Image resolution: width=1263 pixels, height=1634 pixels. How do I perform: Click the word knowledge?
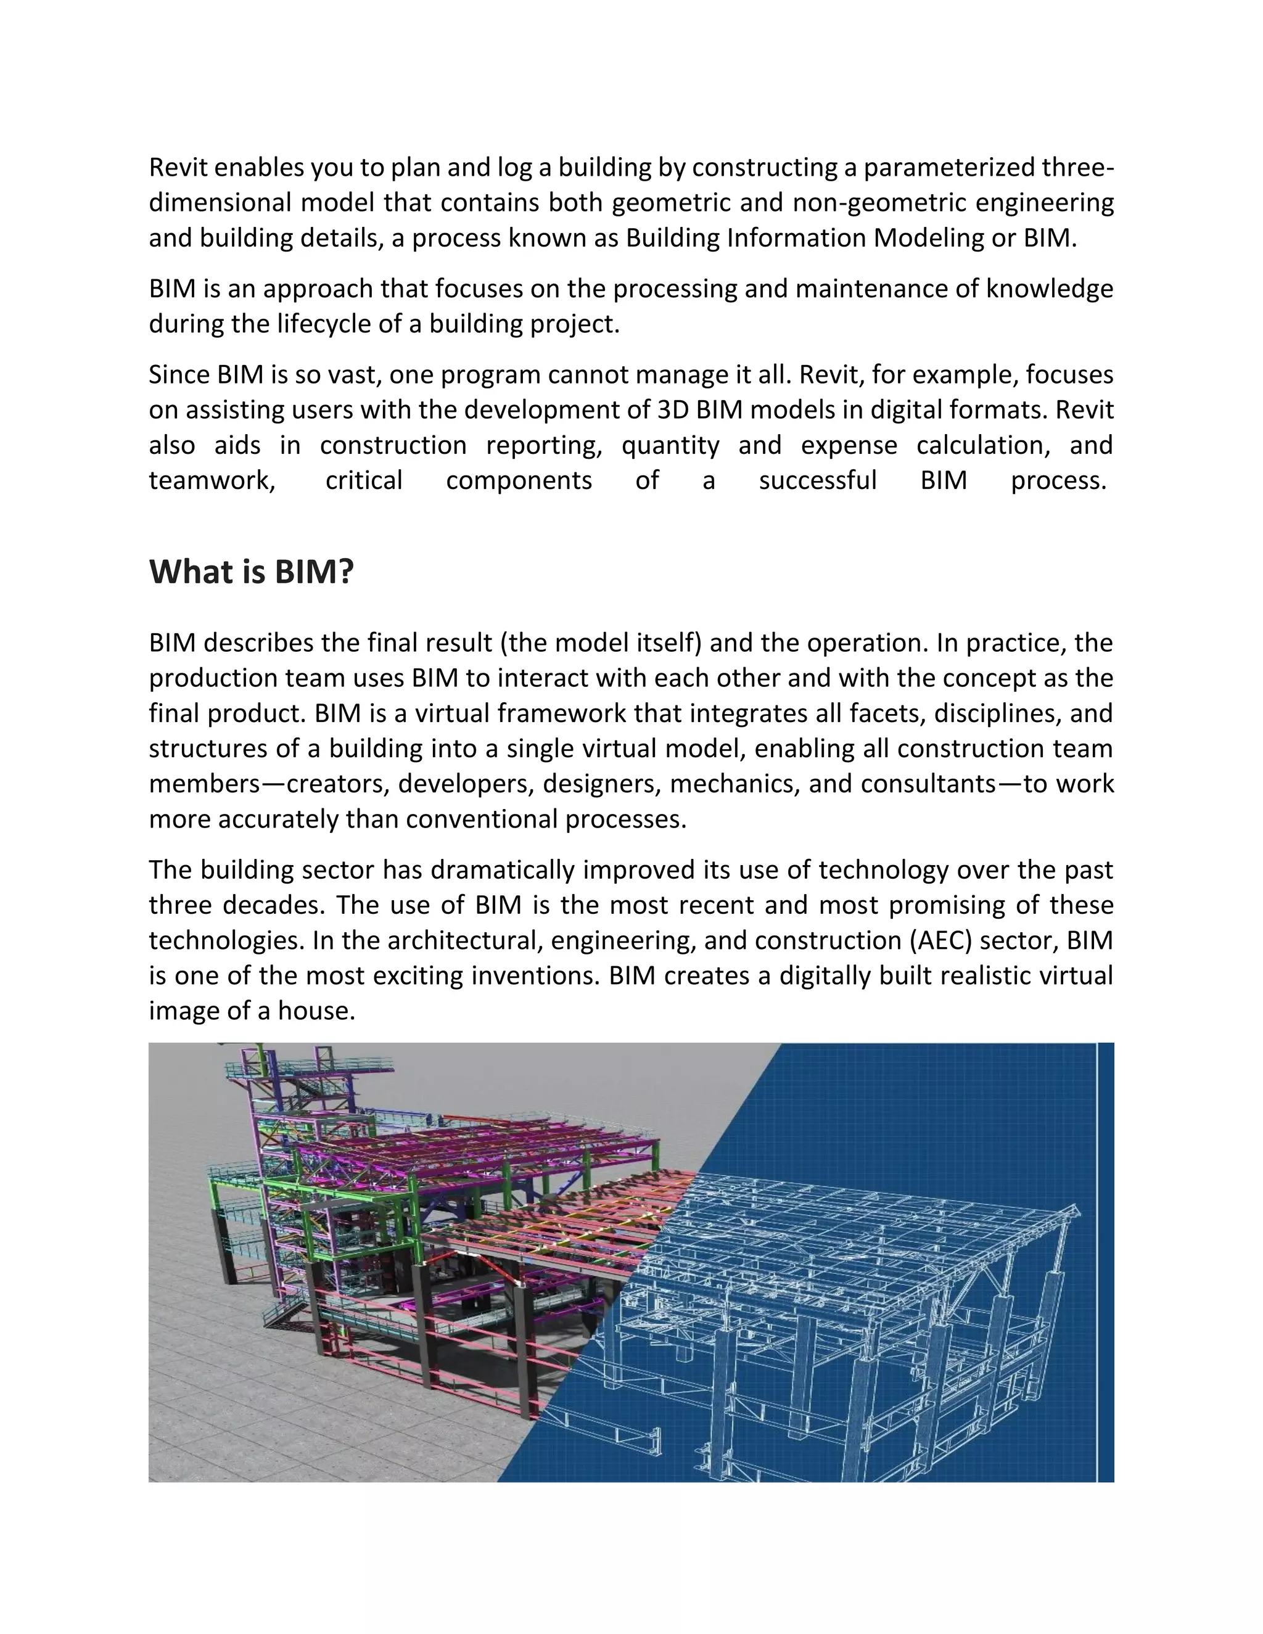coord(1049,289)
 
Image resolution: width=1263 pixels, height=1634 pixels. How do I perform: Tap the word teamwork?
coord(212,480)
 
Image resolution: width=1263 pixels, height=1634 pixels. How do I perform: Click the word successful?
coord(818,480)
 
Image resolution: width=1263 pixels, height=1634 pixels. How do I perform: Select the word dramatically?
coord(502,870)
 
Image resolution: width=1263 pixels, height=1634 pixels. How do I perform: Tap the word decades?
coord(273,905)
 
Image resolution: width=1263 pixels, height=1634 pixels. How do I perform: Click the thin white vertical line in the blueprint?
coord(1097,1265)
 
